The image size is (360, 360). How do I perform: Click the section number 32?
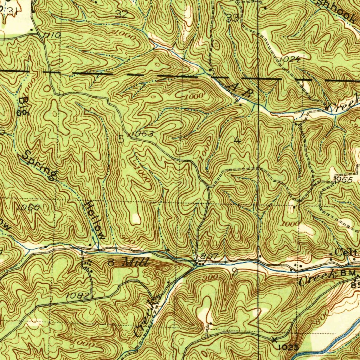tap(121, 14)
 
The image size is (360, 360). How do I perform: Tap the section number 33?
tap(232, 18)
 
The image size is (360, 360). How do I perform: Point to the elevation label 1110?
tap(52, 35)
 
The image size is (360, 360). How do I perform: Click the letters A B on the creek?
tap(241, 91)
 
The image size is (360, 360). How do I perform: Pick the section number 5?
tap(121, 139)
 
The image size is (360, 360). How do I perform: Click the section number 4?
tap(238, 141)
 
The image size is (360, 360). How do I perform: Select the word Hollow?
tap(95, 220)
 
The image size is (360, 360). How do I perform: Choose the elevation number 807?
tap(210, 256)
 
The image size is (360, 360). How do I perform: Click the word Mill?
tap(136, 262)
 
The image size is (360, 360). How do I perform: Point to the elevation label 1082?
tap(77, 296)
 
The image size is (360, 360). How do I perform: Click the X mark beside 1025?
tap(274, 339)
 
